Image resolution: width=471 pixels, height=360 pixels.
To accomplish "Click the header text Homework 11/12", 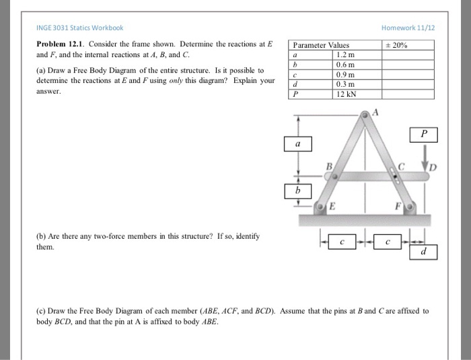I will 408,28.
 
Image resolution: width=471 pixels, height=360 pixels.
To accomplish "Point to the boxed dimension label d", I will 423,251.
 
